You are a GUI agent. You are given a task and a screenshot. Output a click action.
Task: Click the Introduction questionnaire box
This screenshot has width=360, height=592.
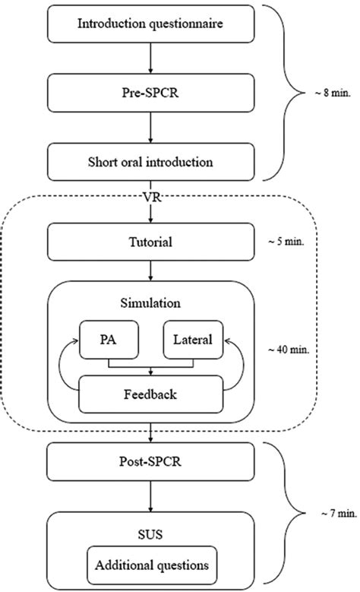[x=150, y=24]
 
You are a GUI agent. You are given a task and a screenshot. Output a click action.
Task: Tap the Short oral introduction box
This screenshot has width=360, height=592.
[x=150, y=161]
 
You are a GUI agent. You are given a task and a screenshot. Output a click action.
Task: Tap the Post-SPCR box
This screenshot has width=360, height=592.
[x=150, y=461]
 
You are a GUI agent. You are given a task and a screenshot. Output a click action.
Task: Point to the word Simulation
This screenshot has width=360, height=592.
[x=150, y=302]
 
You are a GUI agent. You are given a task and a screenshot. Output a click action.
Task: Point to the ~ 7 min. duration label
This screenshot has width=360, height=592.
[x=328, y=514]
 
